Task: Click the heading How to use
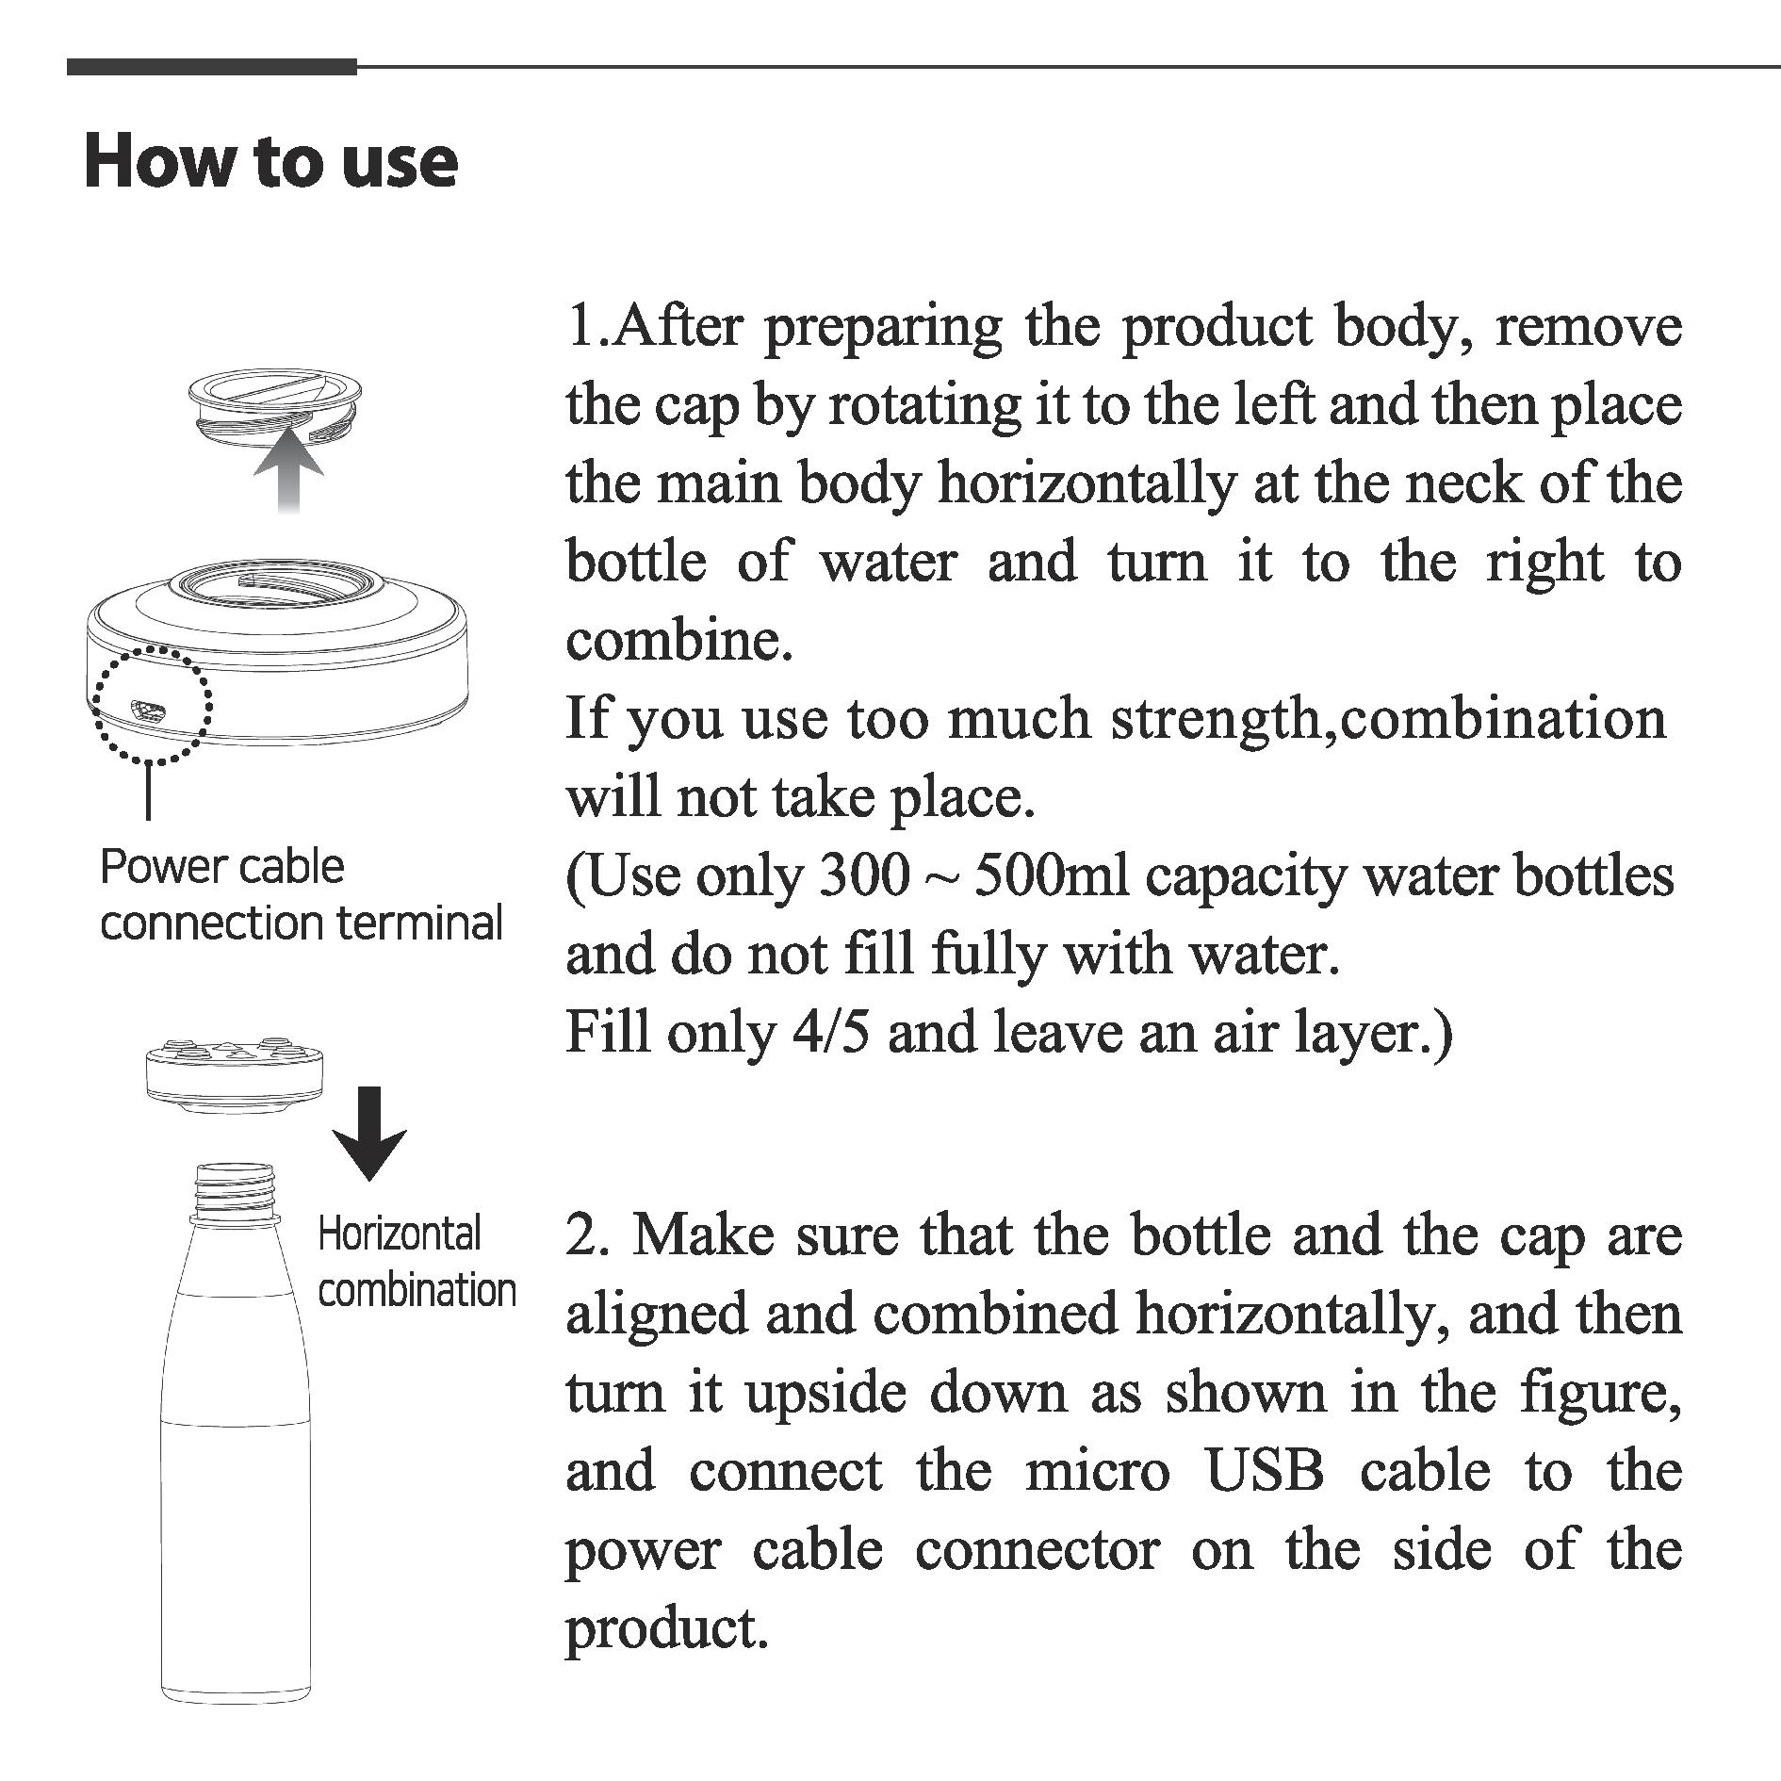(270, 162)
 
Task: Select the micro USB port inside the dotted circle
(147, 709)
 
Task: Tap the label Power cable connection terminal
(300, 894)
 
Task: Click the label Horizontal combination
(416, 1262)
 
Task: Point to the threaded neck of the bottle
(236, 1193)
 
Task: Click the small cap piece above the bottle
(235, 1071)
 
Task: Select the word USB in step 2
(1265, 1471)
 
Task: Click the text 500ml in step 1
(1050, 876)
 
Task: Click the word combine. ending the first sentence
(678, 642)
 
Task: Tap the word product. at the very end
(666, 1628)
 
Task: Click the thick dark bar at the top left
(212, 67)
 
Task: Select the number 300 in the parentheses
(864, 876)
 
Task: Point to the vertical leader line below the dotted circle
(148, 791)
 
